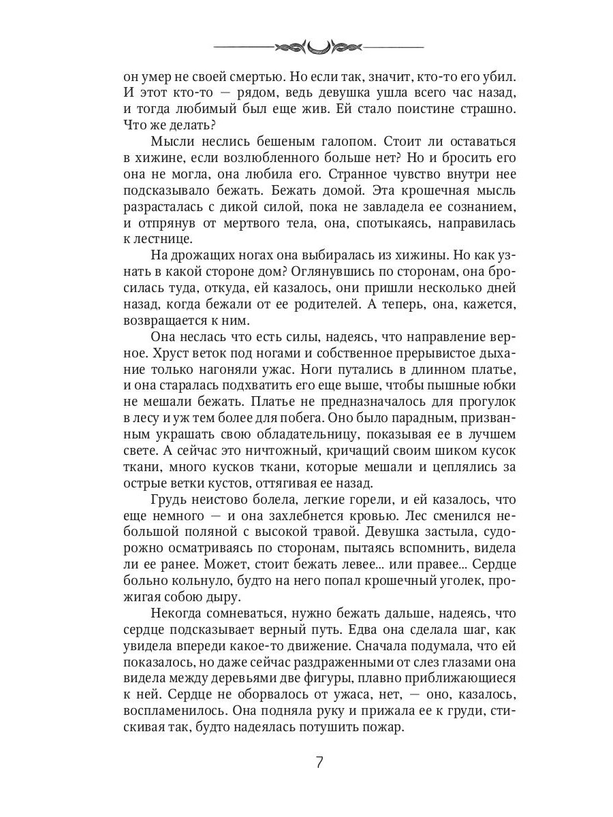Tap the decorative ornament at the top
(x=319, y=47)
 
